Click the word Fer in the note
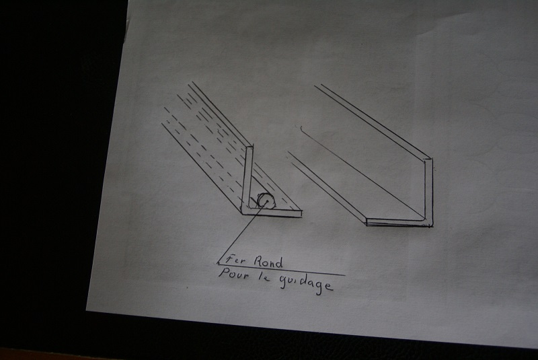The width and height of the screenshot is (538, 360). pos(236,260)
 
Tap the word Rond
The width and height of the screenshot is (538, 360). pos(268,262)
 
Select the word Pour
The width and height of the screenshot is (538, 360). pos(233,274)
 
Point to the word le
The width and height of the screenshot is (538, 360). pos(264,277)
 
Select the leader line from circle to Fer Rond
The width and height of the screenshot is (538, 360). pos(241,232)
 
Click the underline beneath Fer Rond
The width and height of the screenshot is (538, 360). pos(281,269)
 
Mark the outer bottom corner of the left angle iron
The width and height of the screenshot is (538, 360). pos(242,214)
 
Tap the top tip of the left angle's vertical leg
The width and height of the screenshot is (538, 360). pos(249,146)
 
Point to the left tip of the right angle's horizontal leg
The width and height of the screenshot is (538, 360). pos(367,221)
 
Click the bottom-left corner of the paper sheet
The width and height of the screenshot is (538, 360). pos(86,311)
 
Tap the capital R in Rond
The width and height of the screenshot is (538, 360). pos(259,261)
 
